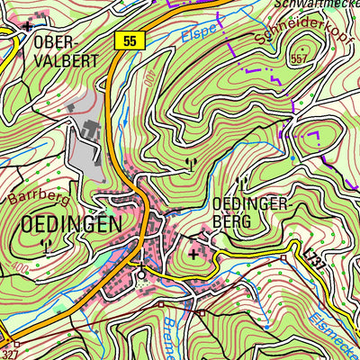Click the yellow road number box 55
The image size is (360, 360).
point(130,40)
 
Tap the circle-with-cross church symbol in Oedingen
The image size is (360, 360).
point(140,274)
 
